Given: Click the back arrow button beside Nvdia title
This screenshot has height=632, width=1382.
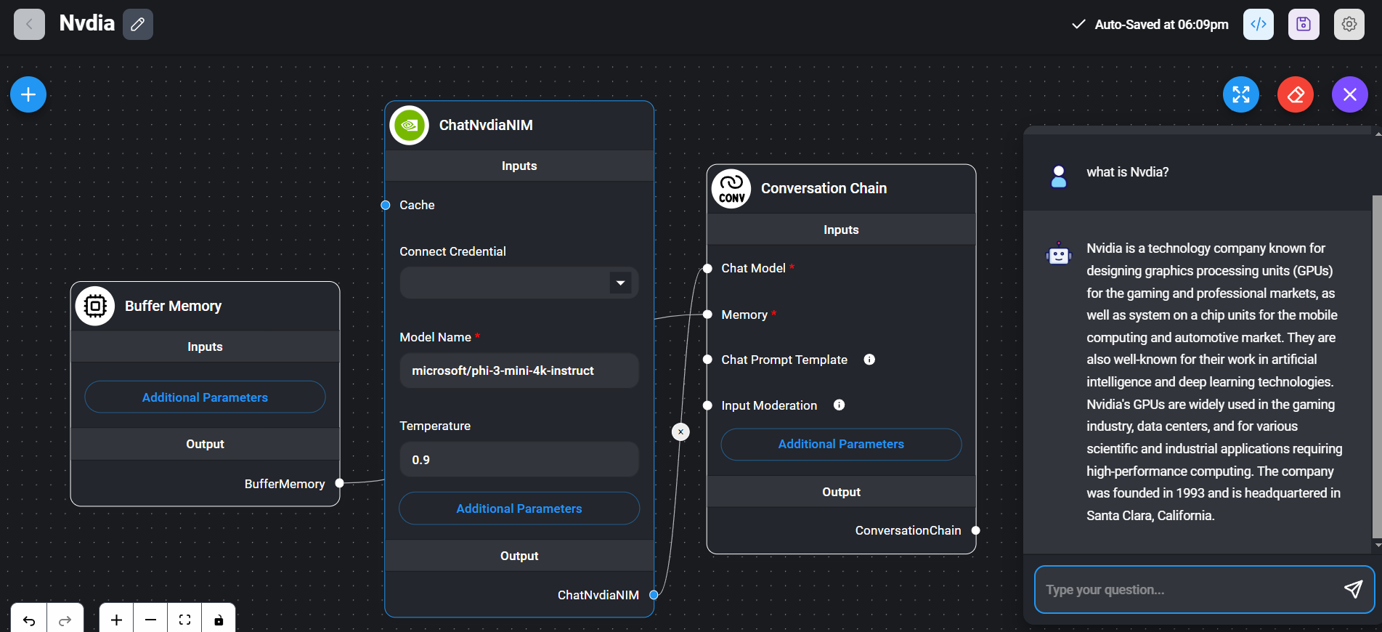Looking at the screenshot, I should [29, 24].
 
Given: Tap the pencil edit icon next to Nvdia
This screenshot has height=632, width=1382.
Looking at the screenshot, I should [137, 25].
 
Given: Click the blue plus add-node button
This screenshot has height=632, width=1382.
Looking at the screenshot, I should [28, 94].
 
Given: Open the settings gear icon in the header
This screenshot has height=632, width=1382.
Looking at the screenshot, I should [1349, 24].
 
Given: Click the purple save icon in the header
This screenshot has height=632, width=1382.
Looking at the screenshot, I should [1304, 24].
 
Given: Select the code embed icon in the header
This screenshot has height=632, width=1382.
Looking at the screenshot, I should [1259, 24].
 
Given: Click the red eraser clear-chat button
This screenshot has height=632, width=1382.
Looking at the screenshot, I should [1296, 94].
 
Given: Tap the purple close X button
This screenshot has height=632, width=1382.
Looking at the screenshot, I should [1349, 94].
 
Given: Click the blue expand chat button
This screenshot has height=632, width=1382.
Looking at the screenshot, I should [1241, 94].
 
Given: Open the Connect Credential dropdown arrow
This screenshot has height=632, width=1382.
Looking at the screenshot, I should [620, 283].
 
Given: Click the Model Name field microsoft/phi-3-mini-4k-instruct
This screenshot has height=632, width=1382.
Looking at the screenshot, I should [519, 370].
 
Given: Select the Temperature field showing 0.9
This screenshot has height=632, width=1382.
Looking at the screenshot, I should [519, 460].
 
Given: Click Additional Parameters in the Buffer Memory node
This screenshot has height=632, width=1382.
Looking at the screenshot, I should [205, 397].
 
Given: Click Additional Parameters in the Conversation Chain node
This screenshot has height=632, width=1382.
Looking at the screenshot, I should [841, 444].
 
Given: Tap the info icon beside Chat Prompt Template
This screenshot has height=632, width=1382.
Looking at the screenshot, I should [869, 360].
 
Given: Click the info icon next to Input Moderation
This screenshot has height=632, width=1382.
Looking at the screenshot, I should [839, 405].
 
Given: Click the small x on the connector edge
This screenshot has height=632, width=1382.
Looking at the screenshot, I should [680, 432].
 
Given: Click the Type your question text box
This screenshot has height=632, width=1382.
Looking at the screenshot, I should [1187, 590].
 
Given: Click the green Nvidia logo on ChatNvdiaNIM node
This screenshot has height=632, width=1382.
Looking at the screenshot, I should [410, 125].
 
